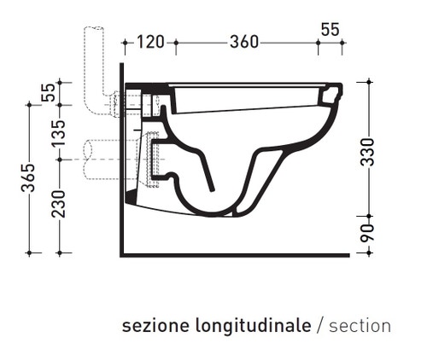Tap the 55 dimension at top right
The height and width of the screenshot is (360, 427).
click(x=330, y=29)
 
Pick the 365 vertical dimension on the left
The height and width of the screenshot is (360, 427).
click(x=29, y=178)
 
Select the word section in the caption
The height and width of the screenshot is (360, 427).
click(x=360, y=327)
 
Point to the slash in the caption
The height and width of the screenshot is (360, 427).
click(x=319, y=327)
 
